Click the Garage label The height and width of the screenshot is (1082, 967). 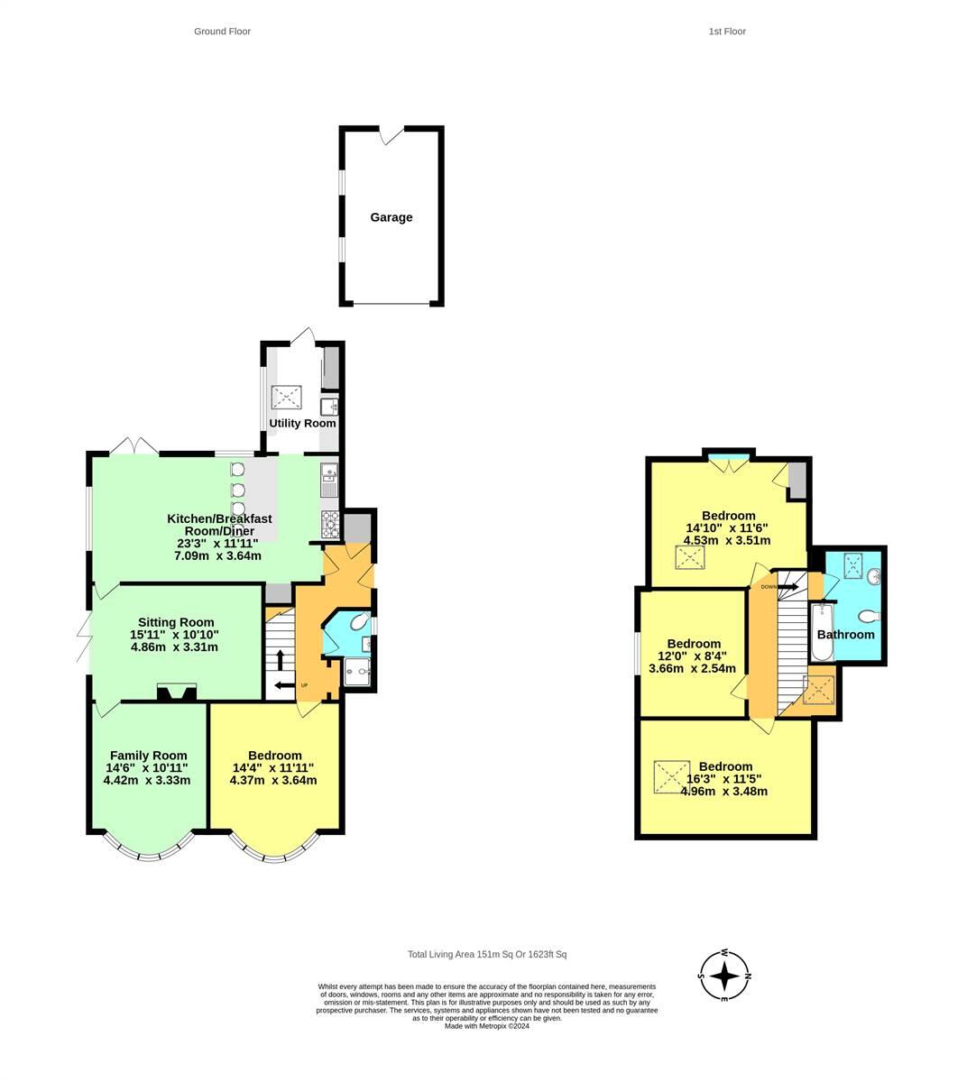coord(391,217)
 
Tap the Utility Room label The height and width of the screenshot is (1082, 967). coord(302,423)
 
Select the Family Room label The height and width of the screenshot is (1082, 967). coord(148,756)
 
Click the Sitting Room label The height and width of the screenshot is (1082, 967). coord(176,622)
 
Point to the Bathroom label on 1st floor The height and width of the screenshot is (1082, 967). coord(845,634)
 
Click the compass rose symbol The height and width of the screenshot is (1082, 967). coord(725,976)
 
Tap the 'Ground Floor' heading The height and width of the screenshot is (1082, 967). coord(222,32)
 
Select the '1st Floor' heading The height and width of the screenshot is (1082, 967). coord(727,32)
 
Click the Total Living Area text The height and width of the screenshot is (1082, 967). coord(487,955)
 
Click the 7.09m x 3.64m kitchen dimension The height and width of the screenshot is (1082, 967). coord(217,555)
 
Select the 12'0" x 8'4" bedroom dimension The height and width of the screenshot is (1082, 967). coord(692,656)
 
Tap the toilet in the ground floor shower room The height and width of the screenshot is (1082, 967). coord(358,622)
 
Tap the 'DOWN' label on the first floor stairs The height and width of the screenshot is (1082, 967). coord(768,587)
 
